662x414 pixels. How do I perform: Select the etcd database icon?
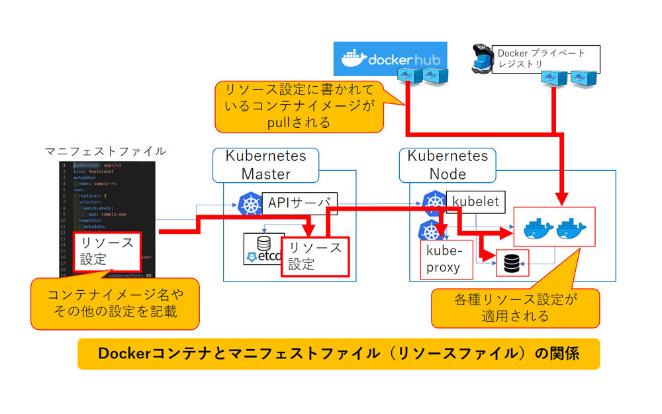pos(263,248)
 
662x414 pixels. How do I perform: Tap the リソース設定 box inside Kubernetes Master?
pos(314,256)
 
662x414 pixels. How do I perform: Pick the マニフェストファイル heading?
pos(105,152)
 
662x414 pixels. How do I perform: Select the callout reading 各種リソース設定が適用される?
pos(515,308)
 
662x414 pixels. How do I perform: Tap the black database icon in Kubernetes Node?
pos(512,264)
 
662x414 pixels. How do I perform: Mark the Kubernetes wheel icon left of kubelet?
pos(434,202)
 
